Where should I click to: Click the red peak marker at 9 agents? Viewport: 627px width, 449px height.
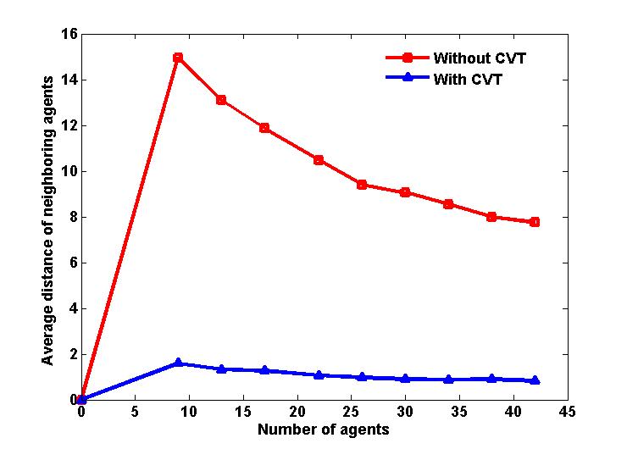click(178, 58)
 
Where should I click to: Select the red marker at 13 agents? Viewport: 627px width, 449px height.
click(221, 100)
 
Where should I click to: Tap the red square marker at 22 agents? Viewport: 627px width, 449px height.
click(319, 160)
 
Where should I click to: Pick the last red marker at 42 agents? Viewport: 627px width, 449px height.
click(535, 222)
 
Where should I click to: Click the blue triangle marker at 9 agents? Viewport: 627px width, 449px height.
click(178, 363)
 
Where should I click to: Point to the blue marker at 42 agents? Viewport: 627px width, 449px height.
click(535, 380)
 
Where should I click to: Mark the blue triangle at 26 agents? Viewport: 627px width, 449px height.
click(362, 377)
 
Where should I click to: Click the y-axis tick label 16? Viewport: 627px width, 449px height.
click(68, 34)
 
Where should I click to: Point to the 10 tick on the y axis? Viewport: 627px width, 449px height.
click(68, 171)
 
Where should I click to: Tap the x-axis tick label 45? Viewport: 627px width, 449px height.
click(567, 412)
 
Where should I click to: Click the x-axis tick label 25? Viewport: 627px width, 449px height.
click(351, 412)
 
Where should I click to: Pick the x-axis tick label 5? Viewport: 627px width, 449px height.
click(135, 412)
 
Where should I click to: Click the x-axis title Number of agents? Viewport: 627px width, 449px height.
click(324, 430)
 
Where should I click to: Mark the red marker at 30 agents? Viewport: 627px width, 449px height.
click(405, 192)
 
